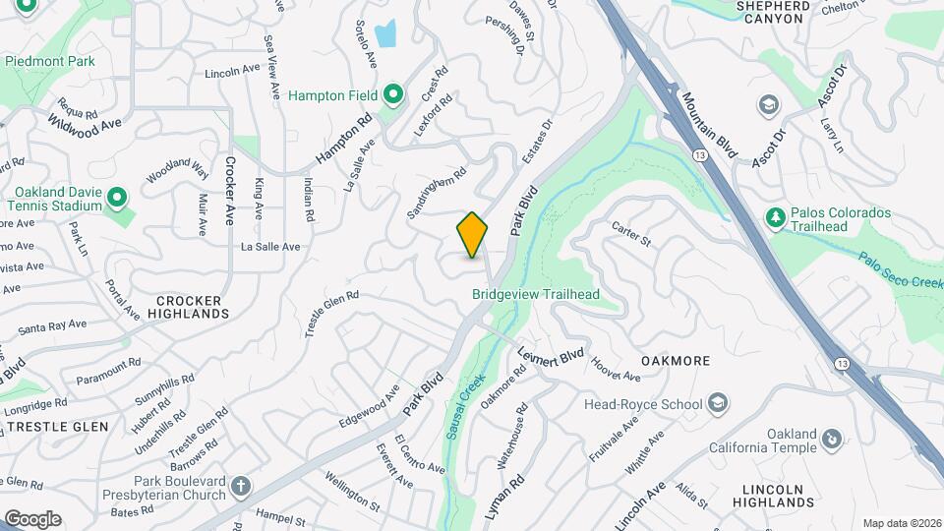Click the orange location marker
[x=472, y=235]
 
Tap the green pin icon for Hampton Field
[x=393, y=95]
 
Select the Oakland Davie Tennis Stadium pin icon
[x=117, y=199]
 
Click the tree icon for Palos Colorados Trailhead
[x=775, y=217]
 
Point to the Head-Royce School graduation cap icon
[x=718, y=403]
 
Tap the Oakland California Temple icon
[x=832, y=438]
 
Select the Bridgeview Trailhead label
[x=535, y=294]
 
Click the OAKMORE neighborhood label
[x=675, y=361]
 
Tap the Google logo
[x=32, y=518]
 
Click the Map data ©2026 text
[x=901, y=523]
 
